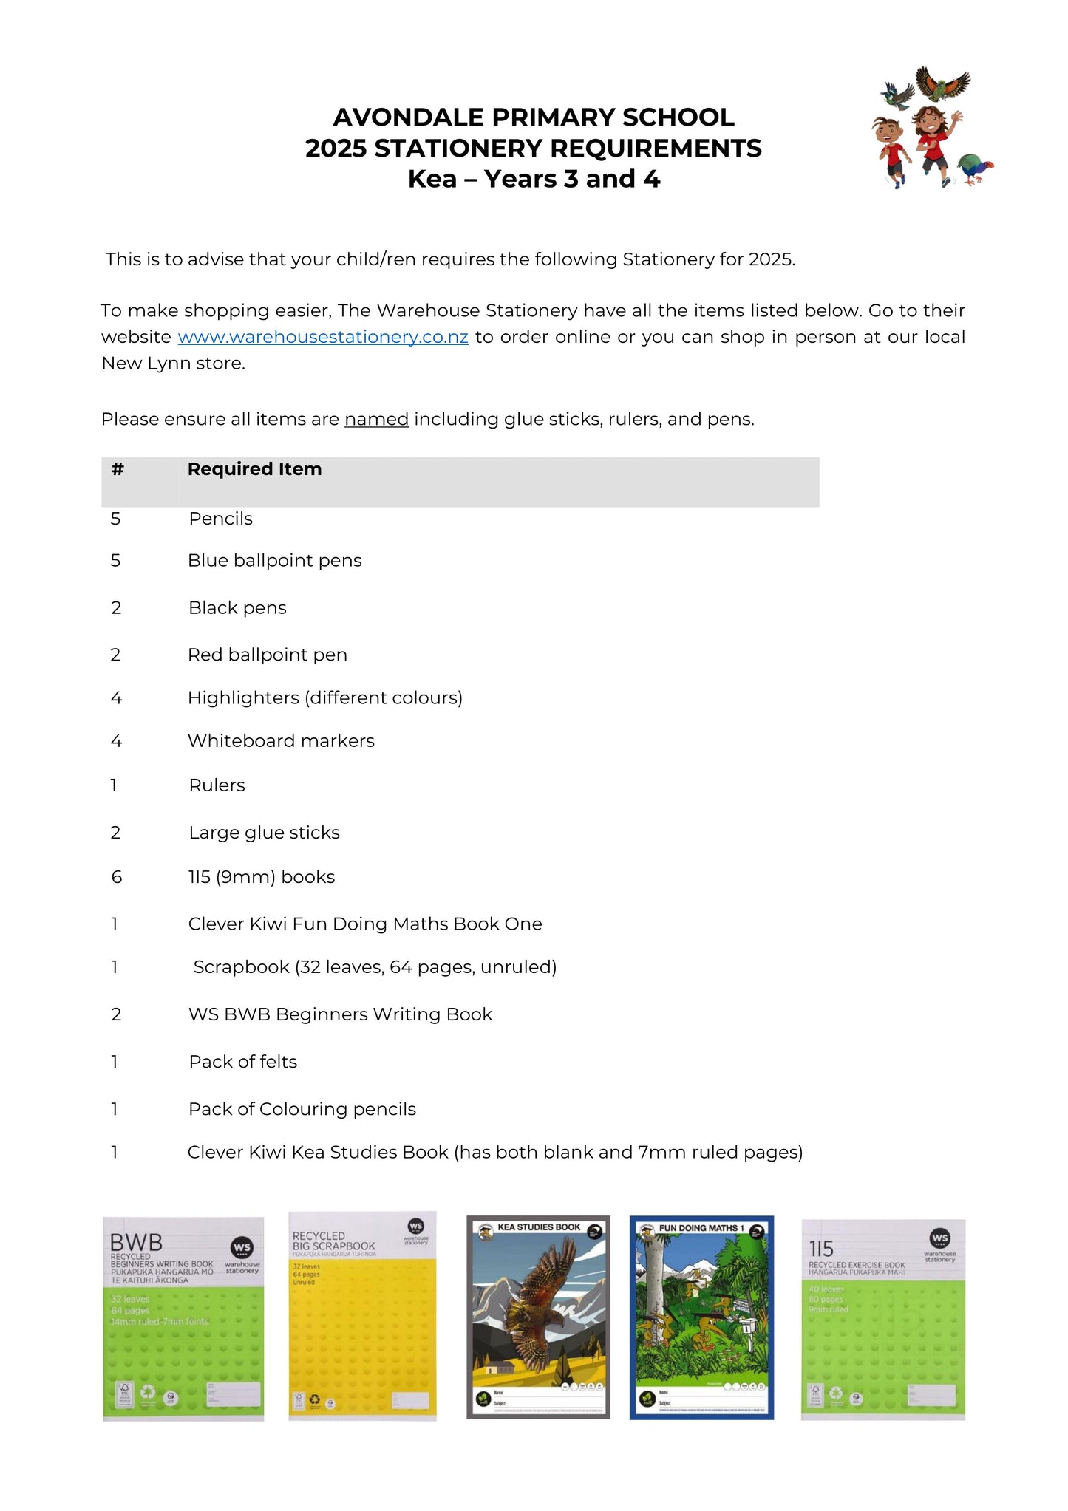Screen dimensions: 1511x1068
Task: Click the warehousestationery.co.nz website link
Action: coord(323,337)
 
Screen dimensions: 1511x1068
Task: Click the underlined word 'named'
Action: coord(376,420)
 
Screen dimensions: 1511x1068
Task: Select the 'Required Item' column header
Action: coord(254,469)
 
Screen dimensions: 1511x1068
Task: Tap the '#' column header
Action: coord(118,469)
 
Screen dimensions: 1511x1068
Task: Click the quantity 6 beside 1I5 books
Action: coord(116,877)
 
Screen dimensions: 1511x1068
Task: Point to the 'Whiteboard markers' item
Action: coord(281,741)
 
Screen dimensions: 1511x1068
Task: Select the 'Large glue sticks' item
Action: coord(264,833)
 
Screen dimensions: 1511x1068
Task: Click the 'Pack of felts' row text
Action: coord(242,1062)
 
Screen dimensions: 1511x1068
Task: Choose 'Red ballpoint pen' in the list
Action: coord(267,655)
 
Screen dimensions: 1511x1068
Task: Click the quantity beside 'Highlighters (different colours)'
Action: coord(116,698)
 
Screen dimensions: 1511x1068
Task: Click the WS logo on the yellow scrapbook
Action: coord(416,1227)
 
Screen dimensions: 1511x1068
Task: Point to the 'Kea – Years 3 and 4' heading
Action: coord(534,180)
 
